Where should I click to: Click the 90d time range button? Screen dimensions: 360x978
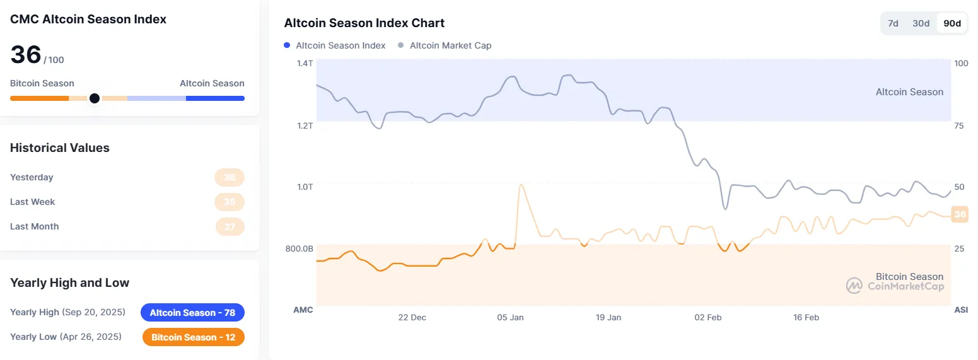952,23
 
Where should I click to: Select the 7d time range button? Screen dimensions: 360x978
893,23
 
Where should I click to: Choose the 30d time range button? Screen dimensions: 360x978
921,23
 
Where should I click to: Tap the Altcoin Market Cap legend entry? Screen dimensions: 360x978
450,45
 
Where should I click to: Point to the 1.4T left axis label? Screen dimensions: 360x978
305,63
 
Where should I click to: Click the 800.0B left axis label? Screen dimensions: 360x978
300,248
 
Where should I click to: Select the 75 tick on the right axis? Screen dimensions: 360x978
959,125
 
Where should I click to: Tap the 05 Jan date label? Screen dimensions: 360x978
511,317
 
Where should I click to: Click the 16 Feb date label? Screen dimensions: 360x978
806,317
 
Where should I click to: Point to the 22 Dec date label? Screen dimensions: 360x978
412,317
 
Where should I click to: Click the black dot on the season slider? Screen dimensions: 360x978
94,98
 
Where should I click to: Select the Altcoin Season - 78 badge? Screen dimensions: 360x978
192,313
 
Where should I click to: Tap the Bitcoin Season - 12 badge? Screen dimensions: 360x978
193,337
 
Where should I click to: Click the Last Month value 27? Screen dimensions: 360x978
230,226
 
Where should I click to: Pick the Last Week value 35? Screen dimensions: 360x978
230,202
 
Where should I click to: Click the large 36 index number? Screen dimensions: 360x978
26,55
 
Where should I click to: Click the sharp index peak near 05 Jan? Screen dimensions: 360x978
521,185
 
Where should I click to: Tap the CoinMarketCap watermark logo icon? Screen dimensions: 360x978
854,286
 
